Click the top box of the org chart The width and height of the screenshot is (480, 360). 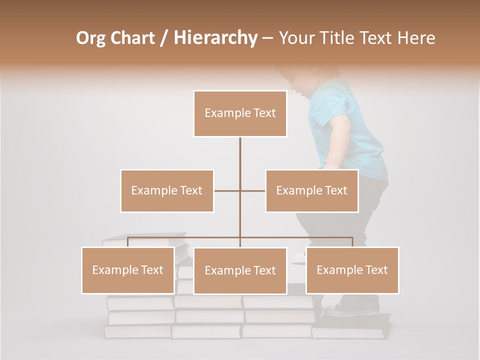pyautogui.click(x=240, y=113)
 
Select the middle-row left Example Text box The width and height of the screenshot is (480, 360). pyautogui.click(x=167, y=190)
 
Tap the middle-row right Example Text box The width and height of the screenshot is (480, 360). pyautogui.click(x=311, y=190)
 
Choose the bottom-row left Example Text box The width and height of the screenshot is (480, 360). pyautogui.click(x=128, y=270)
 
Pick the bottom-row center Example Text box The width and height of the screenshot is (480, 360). pyautogui.click(x=240, y=270)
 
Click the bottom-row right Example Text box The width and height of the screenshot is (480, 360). pyautogui.click(x=352, y=270)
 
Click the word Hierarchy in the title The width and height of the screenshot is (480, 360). pyautogui.click(x=215, y=37)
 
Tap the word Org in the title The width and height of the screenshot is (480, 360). pyautogui.click(x=91, y=37)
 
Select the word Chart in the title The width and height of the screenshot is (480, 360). pyautogui.click(x=132, y=37)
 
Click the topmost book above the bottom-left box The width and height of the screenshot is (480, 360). pyautogui.click(x=145, y=239)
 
